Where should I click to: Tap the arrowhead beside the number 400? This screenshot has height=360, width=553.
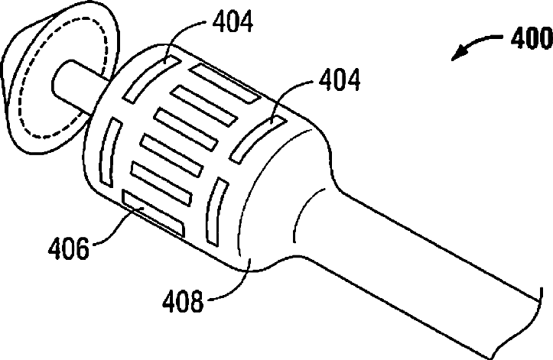457,56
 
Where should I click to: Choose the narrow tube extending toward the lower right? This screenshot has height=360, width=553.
444,252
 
